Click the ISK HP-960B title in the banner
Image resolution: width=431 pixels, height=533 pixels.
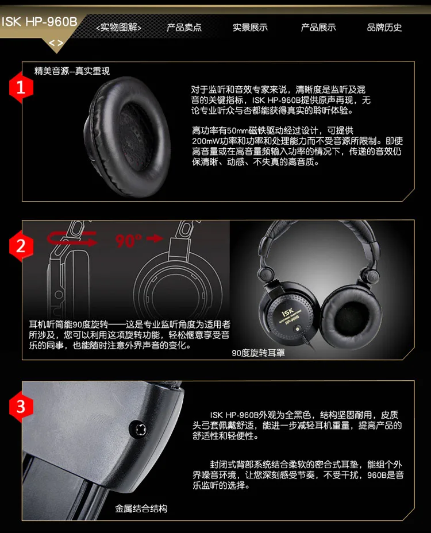(40, 22)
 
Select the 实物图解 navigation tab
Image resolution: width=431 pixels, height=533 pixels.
(119, 27)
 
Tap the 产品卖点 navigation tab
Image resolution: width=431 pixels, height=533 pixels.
(184, 27)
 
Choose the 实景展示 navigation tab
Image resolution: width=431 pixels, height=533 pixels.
(250, 27)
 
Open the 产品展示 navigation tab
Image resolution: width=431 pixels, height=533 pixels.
(318, 27)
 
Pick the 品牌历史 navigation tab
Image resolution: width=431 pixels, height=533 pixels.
(384, 27)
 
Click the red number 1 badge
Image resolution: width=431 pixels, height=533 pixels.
(21, 87)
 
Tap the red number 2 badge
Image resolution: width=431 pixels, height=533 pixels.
(21, 245)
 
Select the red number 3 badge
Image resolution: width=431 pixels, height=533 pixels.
(21, 406)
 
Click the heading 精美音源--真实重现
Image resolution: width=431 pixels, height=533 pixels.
(72, 71)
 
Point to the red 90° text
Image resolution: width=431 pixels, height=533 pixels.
(128, 241)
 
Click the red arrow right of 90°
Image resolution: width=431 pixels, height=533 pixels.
(155, 238)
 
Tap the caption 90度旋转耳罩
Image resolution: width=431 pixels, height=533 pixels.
(258, 353)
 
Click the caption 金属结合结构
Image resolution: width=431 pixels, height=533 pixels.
(141, 508)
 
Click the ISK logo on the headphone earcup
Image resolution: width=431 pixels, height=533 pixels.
(287, 312)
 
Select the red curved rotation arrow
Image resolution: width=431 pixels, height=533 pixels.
(72, 238)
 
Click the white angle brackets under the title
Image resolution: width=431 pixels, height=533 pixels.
(56, 43)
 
